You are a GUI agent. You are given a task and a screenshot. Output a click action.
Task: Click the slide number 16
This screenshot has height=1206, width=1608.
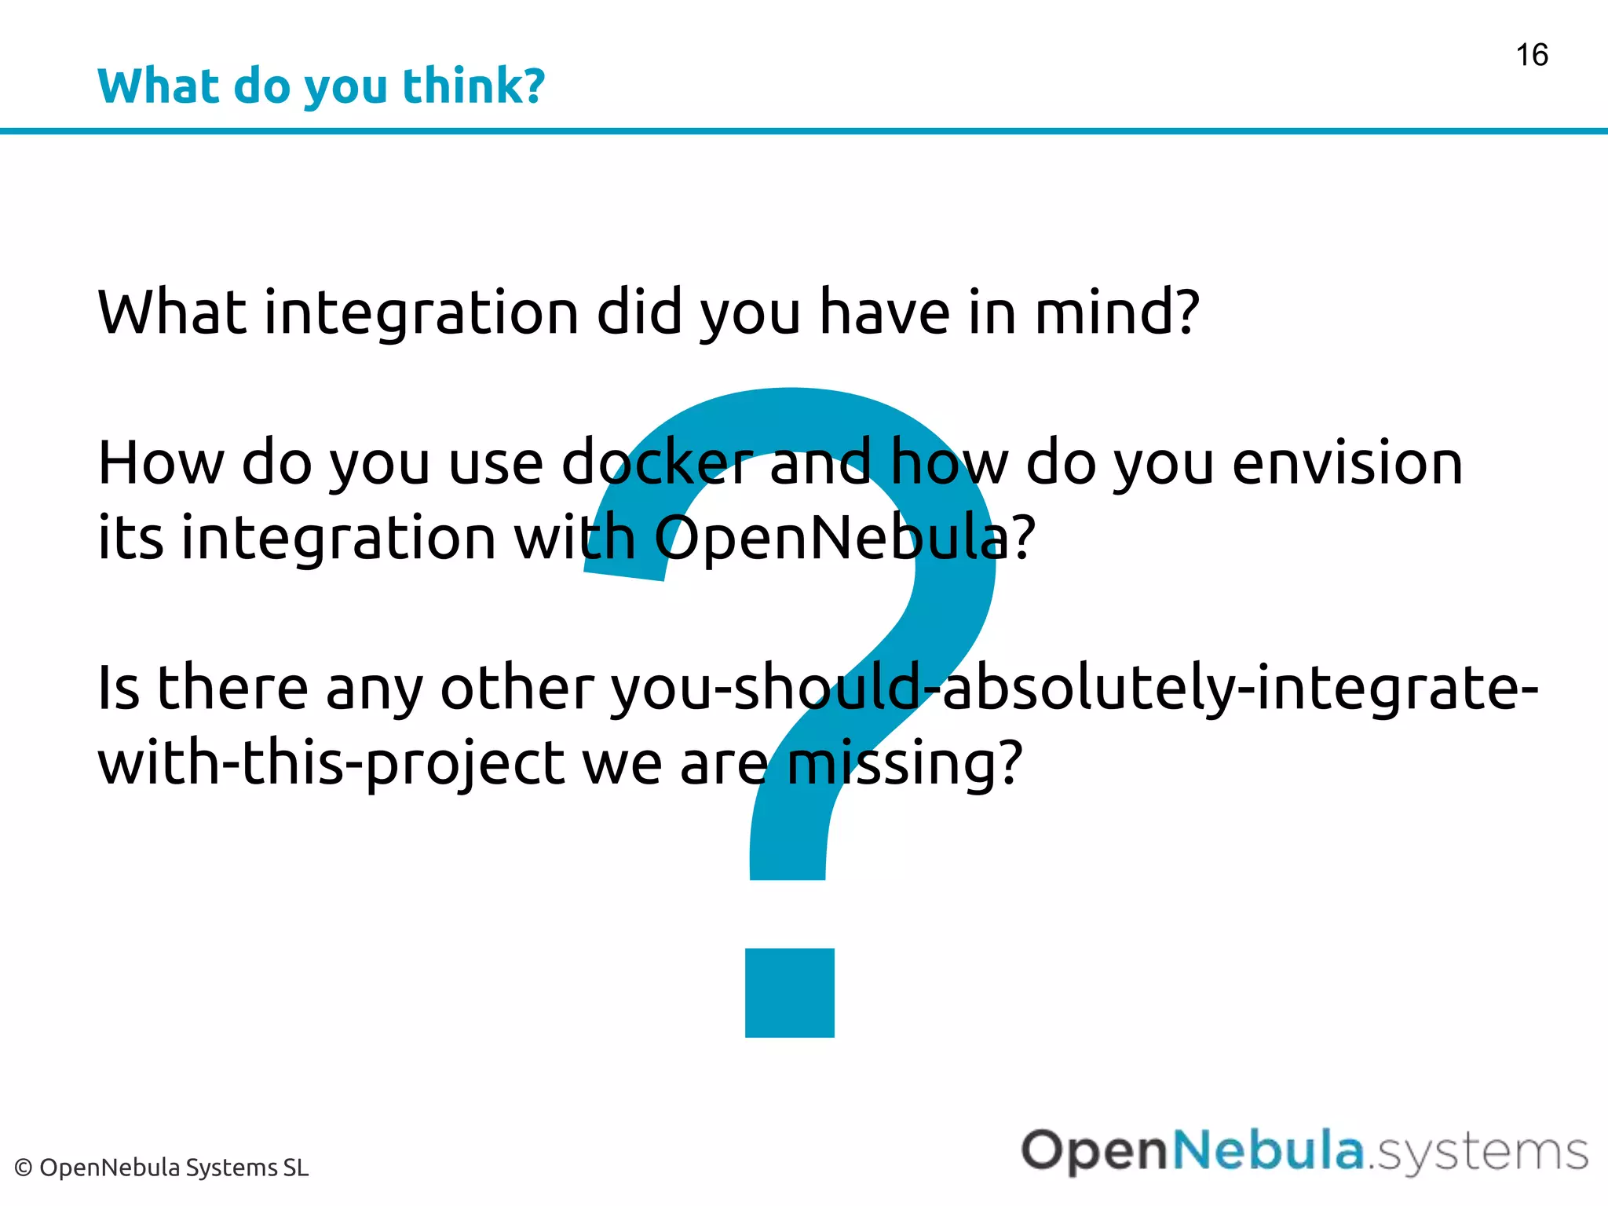click(x=1531, y=56)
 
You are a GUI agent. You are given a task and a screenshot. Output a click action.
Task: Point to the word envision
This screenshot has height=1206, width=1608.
click(x=1347, y=463)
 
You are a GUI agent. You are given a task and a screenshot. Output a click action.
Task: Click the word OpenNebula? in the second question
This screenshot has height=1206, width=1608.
click(x=845, y=539)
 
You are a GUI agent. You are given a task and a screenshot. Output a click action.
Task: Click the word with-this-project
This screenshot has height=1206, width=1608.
click(x=331, y=763)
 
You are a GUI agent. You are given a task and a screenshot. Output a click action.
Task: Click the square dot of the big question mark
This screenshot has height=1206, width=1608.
click(x=789, y=992)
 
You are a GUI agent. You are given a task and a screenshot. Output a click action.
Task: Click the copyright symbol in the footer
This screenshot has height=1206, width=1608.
click(x=24, y=1168)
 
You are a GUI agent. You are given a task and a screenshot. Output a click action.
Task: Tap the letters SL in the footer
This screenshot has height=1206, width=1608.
click(x=296, y=1168)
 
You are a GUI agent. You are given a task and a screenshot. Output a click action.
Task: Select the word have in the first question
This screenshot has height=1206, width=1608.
click(x=884, y=312)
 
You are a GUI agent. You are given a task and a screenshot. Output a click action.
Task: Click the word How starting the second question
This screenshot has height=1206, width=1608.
click(x=161, y=463)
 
